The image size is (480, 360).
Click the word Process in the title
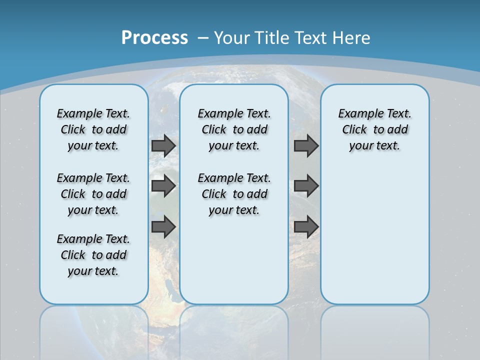(154, 38)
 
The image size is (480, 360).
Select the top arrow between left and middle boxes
(163, 145)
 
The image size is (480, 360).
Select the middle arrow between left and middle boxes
(163, 186)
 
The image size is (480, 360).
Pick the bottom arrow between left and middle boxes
(163, 226)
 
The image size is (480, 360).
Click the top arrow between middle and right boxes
(306, 145)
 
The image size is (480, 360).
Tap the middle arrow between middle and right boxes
(306, 186)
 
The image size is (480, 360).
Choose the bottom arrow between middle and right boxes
(306, 226)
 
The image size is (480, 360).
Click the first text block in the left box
(93, 129)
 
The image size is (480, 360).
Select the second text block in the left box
(93, 194)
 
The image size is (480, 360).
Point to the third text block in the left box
(93, 255)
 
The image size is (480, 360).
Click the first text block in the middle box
(234, 129)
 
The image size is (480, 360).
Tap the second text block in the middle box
(234, 194)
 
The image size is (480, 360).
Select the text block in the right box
(374, 129)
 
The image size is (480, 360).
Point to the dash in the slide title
(202, 38)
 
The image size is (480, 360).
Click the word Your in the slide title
(232, 38)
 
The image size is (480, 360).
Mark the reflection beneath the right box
(374, 330)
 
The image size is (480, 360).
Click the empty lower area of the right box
(374, 240)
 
